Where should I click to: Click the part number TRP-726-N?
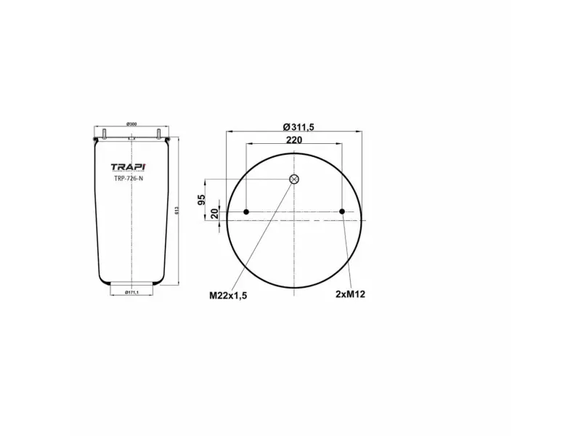129,178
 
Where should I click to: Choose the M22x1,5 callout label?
229,296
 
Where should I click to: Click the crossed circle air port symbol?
293,179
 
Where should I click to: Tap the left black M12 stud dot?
246,212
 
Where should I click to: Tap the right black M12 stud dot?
342,212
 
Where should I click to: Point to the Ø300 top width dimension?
131,124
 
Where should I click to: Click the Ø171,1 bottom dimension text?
131,292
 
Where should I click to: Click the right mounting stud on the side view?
158,134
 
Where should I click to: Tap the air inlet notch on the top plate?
131,137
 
